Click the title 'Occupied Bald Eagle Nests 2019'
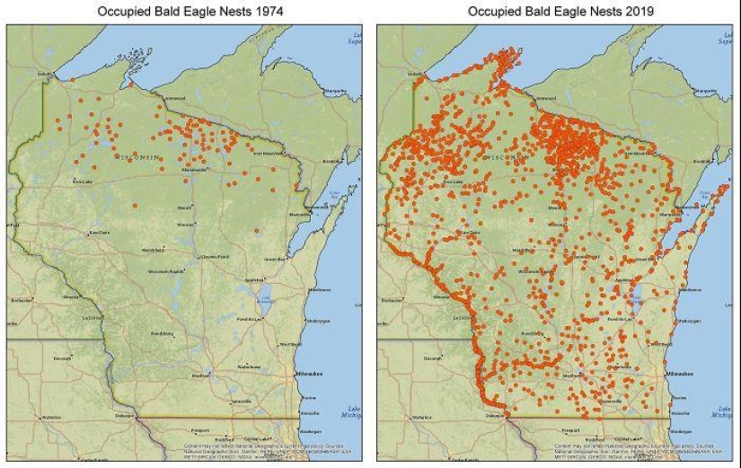[553, 11]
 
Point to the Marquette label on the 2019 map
[706, 91]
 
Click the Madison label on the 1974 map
[201, 375]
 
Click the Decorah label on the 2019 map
[432, 358]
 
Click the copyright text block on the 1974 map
[243, 449]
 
